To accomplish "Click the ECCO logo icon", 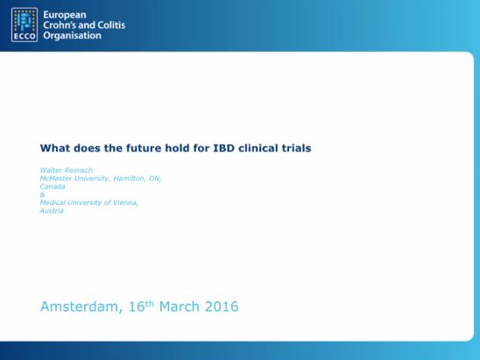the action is coord(25,25).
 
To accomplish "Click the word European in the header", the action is coord(65,15).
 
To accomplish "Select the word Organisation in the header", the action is coord(72,36).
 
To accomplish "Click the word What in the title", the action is coord(55,148).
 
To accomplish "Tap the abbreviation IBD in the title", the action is coord(223,148).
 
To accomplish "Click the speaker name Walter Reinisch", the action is coord(66,170).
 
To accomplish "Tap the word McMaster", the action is coord(56,178).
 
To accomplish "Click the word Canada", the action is coord(53,187).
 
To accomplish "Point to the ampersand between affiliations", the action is coord(42,194).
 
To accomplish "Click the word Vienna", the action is coord(125,202).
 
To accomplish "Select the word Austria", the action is coord(52,210).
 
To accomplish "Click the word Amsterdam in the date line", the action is coord(81,307).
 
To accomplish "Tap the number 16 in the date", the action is coord(137,307).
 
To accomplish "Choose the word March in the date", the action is coord(180,307).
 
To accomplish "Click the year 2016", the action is coord(222,307).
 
